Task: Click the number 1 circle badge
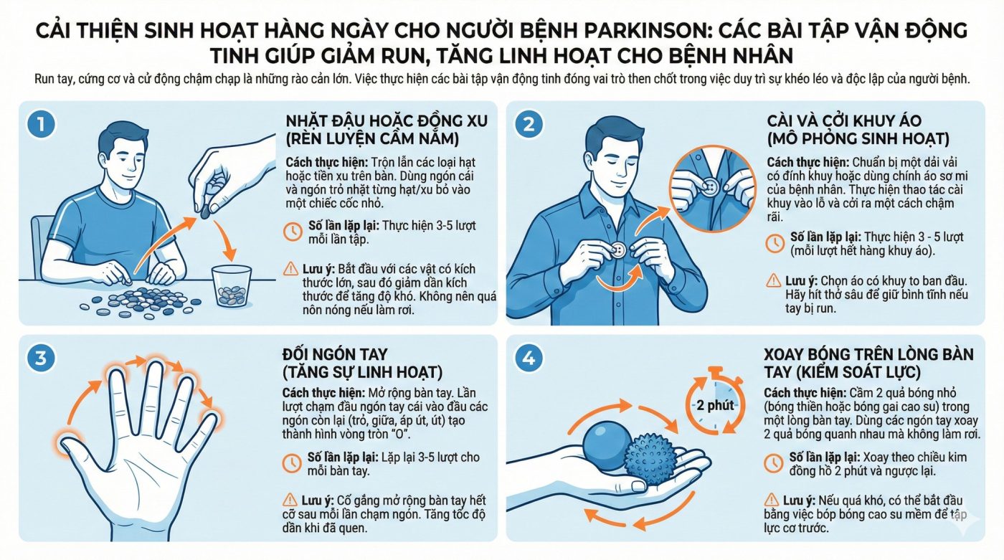(42, 124)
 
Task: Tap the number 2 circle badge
(529, 124)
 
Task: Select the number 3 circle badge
(41, 358)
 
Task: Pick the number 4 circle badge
(529, 358)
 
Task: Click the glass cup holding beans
(231, 286)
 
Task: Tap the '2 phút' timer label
(715, 405)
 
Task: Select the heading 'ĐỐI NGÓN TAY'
(335, 354)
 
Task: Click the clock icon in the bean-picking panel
(293, 232)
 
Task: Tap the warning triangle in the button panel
(774, 281)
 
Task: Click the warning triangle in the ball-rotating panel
(772, 500)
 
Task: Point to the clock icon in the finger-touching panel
(292, 463)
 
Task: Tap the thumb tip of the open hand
(64, 441)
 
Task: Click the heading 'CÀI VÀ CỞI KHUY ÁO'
(845, 120)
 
